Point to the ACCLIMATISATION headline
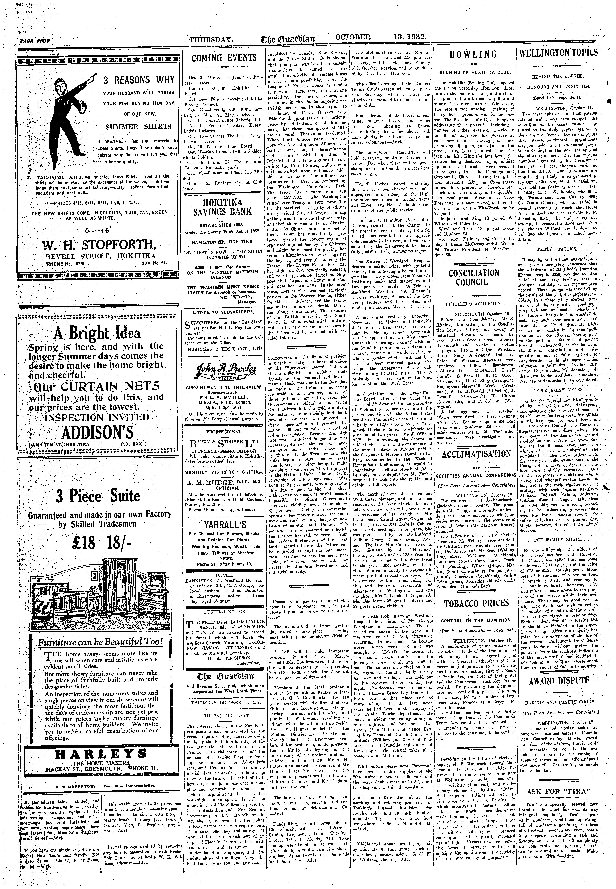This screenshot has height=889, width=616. [x=476, y=454]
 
